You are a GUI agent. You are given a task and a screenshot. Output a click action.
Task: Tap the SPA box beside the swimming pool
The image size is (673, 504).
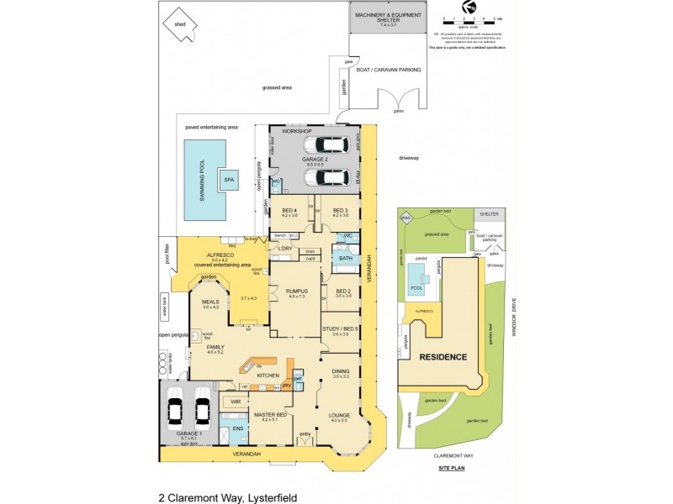(x=227, y=179)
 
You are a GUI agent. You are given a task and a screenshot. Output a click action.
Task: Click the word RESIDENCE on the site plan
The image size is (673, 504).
(x=444, y=357)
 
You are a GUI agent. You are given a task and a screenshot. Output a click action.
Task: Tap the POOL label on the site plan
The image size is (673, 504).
(x=416, y=286)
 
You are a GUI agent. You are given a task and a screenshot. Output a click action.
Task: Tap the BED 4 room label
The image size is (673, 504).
(x=289, y=210)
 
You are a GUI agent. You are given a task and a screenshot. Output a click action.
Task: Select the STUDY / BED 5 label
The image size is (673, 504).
(x=340, y=328)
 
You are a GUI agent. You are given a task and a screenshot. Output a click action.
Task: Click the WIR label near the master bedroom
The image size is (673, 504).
(x=236, y=402)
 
